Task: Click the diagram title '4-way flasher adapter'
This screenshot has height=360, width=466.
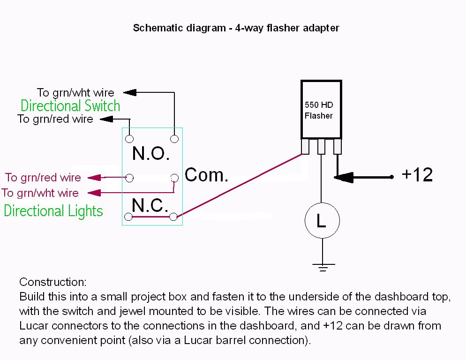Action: coord(236,28)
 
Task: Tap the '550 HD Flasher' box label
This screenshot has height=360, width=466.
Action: coord(319,110)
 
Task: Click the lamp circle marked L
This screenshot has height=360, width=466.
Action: coord(322,221)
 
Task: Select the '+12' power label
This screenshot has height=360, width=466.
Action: coord(417,175)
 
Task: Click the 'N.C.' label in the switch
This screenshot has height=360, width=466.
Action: coord(150,205)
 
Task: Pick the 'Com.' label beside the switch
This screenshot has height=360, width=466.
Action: coord(206,175)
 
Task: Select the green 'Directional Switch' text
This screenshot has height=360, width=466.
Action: coord(70,105)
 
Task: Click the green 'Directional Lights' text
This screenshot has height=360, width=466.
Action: coord(53,210)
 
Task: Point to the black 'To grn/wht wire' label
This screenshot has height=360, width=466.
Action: coord(75,92)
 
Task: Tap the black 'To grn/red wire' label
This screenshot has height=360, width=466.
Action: coord(55,119)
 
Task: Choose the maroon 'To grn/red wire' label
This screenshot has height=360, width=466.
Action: coord(43,178)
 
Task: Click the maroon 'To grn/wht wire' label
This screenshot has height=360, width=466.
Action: coord(40,193)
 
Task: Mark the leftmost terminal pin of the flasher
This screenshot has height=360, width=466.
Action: coord(305,147)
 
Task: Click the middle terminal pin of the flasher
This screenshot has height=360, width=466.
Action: coord(321,147)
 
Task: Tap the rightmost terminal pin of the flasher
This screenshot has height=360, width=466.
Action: coord(337,147)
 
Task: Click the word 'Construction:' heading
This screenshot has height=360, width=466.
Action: coord(53,282)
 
